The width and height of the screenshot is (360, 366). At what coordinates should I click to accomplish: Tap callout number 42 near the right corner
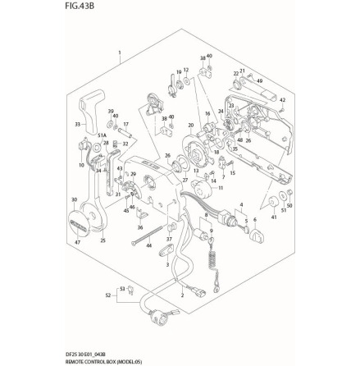click(x=281, y=100)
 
